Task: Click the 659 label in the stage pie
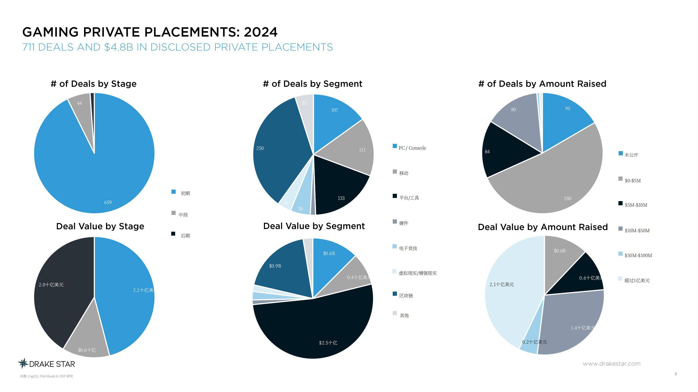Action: tap(108, 202)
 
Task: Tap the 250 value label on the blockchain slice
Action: tap(260, 148)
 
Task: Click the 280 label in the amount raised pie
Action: tap(567, 198)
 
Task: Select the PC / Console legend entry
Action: tap(412, 148)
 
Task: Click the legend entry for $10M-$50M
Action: tap(637, 231)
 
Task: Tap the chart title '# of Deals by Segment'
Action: tap(312, 84)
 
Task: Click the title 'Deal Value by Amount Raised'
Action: tap(543, 227)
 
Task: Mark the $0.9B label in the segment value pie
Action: tap(275, 266)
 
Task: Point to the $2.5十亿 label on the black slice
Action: tap(328, 343)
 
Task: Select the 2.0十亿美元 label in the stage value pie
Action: tap(51, 285)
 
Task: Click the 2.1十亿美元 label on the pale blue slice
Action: tap(502, 285)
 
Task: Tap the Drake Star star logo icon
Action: tap(23, 363)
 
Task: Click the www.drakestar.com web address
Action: tap(612, 363)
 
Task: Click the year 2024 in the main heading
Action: tap(261, 32)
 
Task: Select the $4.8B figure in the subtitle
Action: tap(119, 47)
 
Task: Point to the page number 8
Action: tap(676, 374)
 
